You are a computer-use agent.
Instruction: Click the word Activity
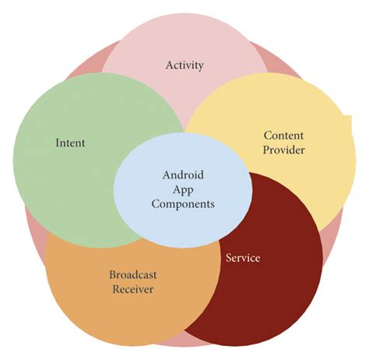click(184, 65)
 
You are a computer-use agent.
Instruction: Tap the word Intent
click(70, 143)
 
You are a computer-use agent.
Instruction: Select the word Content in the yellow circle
click(283, 135)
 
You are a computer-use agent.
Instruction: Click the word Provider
click(283, 150)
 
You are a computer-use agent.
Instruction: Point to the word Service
click(243, 258)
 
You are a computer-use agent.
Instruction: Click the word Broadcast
click(132, 274)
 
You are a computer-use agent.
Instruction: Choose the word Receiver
click(132, 289)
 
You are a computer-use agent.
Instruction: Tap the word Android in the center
click(183, 175)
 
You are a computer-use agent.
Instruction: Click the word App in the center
click(183, 189)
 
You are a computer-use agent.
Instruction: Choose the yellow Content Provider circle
click(311, 179)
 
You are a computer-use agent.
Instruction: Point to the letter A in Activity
click(169, 65)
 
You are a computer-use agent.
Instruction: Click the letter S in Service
click(228, 258)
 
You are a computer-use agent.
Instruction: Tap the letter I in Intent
click(58, 143)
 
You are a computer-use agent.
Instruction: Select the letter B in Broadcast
click(112, 274)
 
